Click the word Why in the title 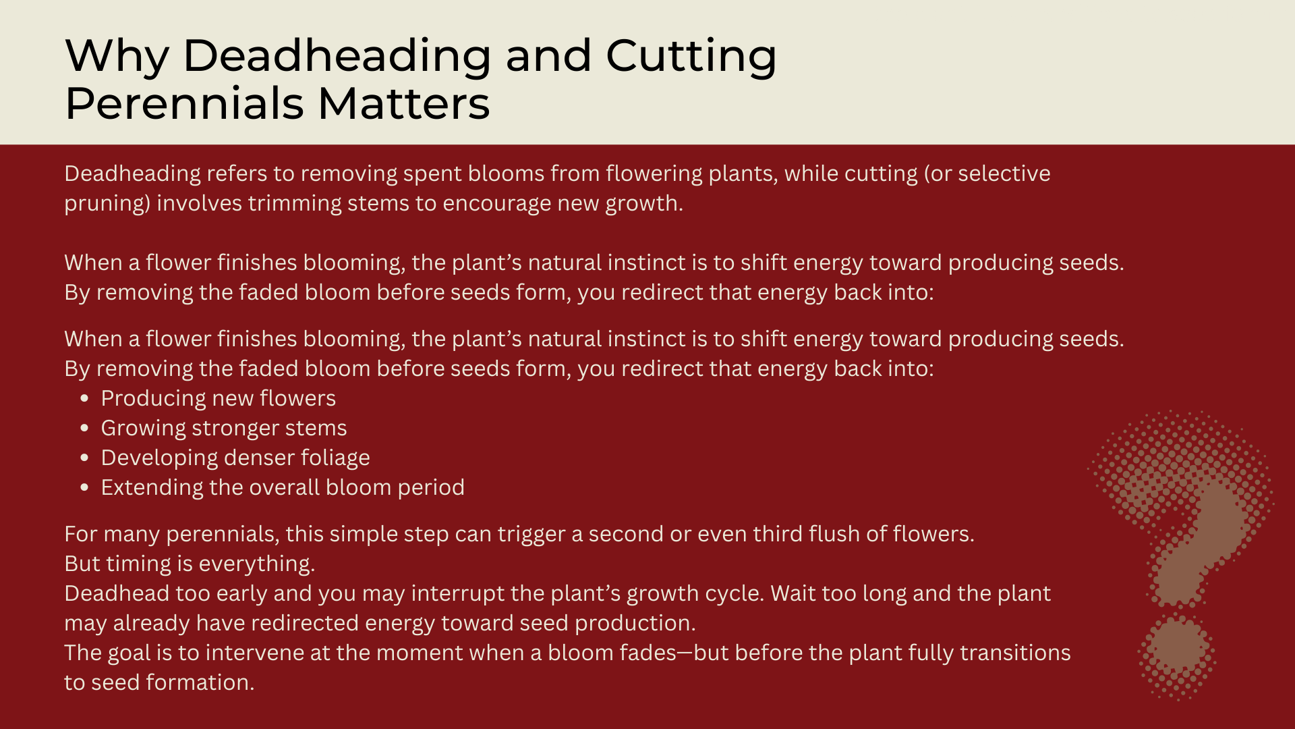(x=117, y=56)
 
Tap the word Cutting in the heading (x=691, y=56)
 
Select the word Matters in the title (x=403, y=104)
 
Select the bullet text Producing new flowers (x=219, y=398)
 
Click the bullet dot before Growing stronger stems (x=84, y=428)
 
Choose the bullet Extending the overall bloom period (x=283, y=487)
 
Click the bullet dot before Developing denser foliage (x=84, y=458)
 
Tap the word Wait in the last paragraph (x=792, y=593)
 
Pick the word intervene (x=250, y=653)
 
